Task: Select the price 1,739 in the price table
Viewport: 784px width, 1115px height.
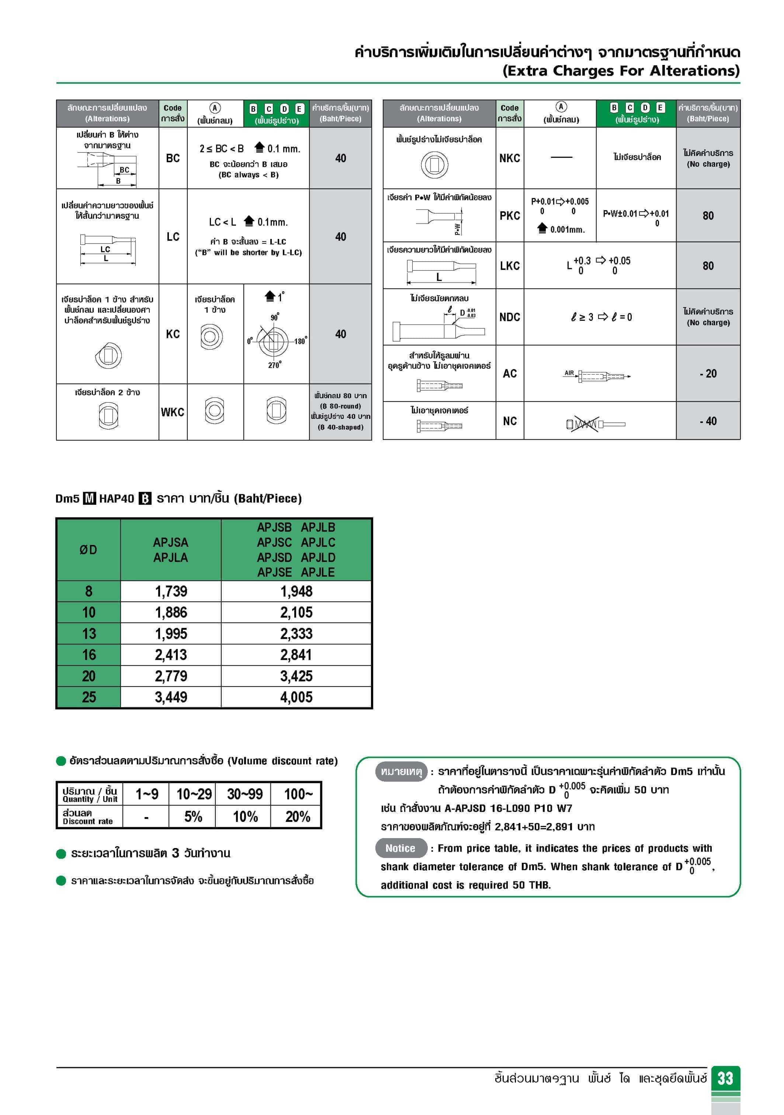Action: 171,591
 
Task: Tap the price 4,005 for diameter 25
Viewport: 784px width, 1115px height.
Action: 296,697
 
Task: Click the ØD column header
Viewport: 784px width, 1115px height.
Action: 89,550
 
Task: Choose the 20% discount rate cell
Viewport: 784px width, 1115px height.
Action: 297,817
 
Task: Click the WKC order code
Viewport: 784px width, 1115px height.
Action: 173,412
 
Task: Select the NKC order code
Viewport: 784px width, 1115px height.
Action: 510,158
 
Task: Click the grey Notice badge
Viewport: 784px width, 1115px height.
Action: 400,848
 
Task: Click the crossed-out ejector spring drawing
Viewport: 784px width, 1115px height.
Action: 585,424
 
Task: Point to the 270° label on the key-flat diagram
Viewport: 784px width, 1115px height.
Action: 274,365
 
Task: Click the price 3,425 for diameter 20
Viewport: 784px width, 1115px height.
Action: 296,676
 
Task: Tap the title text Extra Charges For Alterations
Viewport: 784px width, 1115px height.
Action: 621,71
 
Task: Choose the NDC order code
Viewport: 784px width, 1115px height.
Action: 510,317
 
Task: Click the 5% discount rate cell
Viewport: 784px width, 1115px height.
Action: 193,817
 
